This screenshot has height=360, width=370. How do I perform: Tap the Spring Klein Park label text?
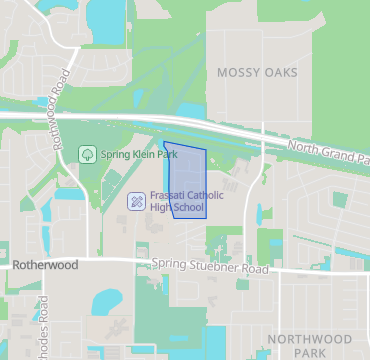click(139, 155)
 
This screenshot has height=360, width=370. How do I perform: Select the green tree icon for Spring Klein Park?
click(87, 155)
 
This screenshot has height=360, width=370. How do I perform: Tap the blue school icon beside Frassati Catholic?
click(135, 202)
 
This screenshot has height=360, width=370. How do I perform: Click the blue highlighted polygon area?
click(187, 180)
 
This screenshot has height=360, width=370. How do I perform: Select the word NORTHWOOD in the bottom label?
click(311, 339)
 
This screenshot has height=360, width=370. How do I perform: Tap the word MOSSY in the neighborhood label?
click(237, 72)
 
